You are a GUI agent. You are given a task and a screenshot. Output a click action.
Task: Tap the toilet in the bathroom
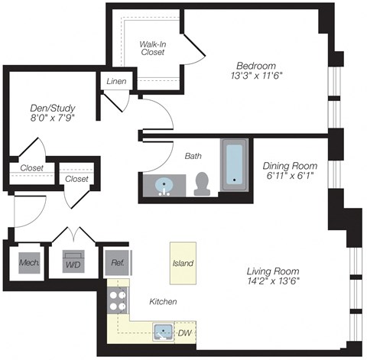[x=203, y=183]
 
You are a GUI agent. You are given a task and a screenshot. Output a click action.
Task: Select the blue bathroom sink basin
[x=163, y=186]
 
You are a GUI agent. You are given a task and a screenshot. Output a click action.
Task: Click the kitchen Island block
[x=182, y=263]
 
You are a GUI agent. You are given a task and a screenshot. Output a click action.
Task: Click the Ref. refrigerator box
[x=117, y=263]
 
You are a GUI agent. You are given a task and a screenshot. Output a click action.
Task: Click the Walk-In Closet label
[x=152, y=48]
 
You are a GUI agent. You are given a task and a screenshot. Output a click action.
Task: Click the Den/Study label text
[x=46, y=106]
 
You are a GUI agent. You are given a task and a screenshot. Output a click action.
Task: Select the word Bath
[x=193, y=156]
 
